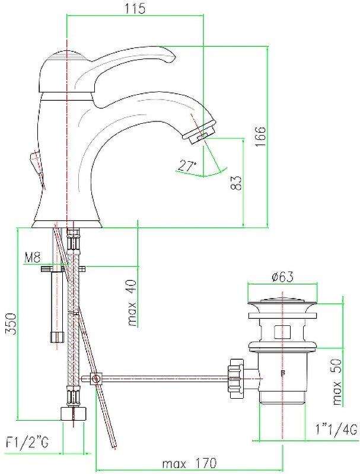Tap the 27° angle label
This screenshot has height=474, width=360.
tap(187, 166)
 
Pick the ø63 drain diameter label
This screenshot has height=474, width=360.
tap(283, 277)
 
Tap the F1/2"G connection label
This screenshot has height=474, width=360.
tap(27, 441)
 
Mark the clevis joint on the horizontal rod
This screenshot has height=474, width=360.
tap(97, 377)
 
